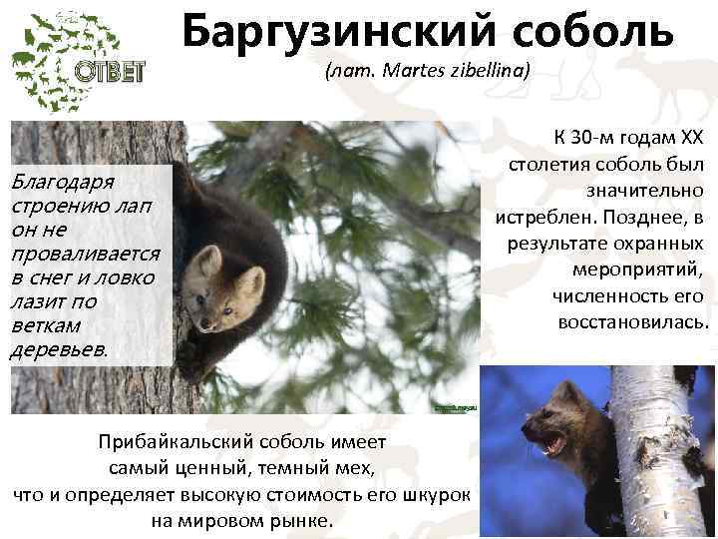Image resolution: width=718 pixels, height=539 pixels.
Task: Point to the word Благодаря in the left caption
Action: point(61,182)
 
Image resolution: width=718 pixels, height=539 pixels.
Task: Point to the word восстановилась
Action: point(632,322)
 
